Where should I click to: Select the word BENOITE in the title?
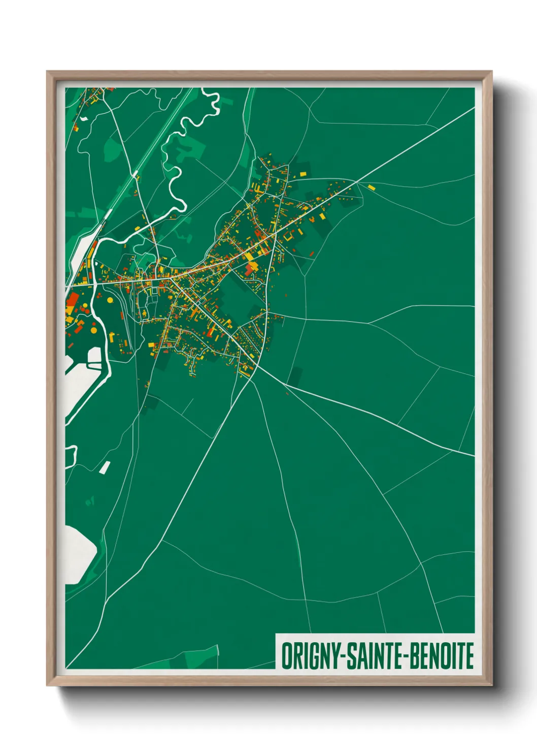coord(442,656)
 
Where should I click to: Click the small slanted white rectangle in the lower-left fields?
coord(105,467)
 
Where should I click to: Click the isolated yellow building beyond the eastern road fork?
coord(371,187)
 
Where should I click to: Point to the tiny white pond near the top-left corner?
coord(84,118)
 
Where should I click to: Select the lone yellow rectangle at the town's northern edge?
coord(303,174)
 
